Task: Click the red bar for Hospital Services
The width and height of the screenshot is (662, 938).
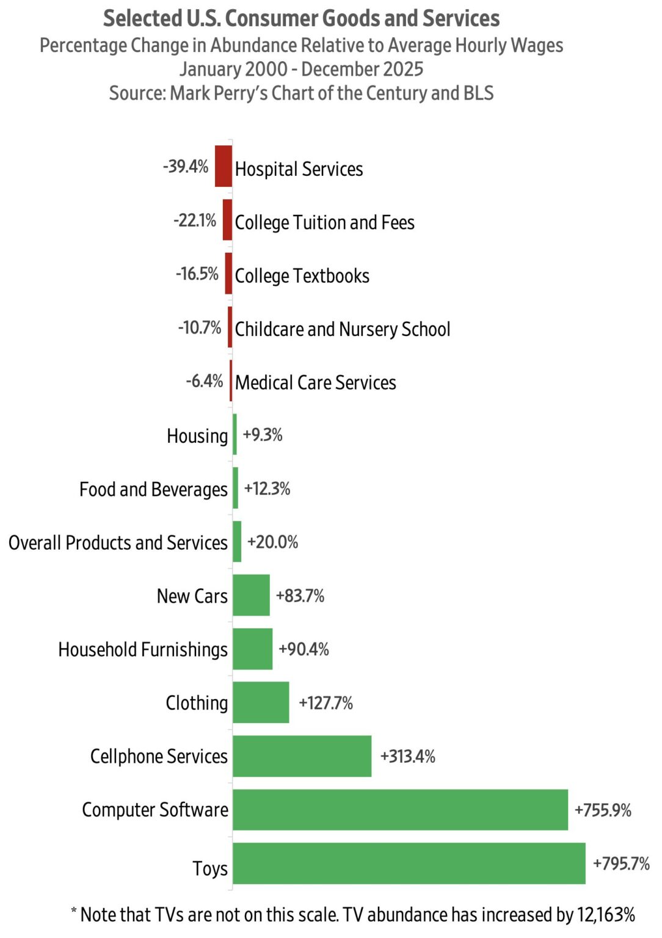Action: [x=224, y=166]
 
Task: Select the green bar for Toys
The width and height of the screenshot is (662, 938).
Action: [x=409, y=863]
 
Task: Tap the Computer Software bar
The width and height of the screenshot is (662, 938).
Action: [x=400, y=810]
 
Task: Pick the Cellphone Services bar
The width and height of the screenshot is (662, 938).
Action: [x=302, y=756]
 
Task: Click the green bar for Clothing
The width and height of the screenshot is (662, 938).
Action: [x=261, y=702]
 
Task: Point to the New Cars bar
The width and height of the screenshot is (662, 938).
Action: [x=251, y=595]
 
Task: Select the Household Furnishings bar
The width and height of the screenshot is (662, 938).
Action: [x=252, y=649]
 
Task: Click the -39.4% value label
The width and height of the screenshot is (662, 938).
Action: [x=186, y=166]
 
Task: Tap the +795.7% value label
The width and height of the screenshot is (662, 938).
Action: [x=621, y=863]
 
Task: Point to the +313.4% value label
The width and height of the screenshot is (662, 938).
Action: [x=407, y=757]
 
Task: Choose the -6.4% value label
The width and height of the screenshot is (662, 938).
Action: [x=205, y=381]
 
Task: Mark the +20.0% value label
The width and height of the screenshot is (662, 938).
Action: [x=272, y=542]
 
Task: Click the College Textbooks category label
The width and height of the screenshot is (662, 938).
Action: [x=302, y=276]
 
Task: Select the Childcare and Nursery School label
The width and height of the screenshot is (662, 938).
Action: [x=343, y=329]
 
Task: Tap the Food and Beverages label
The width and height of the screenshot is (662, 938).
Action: [x=153, y=489]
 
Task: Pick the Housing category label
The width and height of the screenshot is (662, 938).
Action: [x=197, y=436]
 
